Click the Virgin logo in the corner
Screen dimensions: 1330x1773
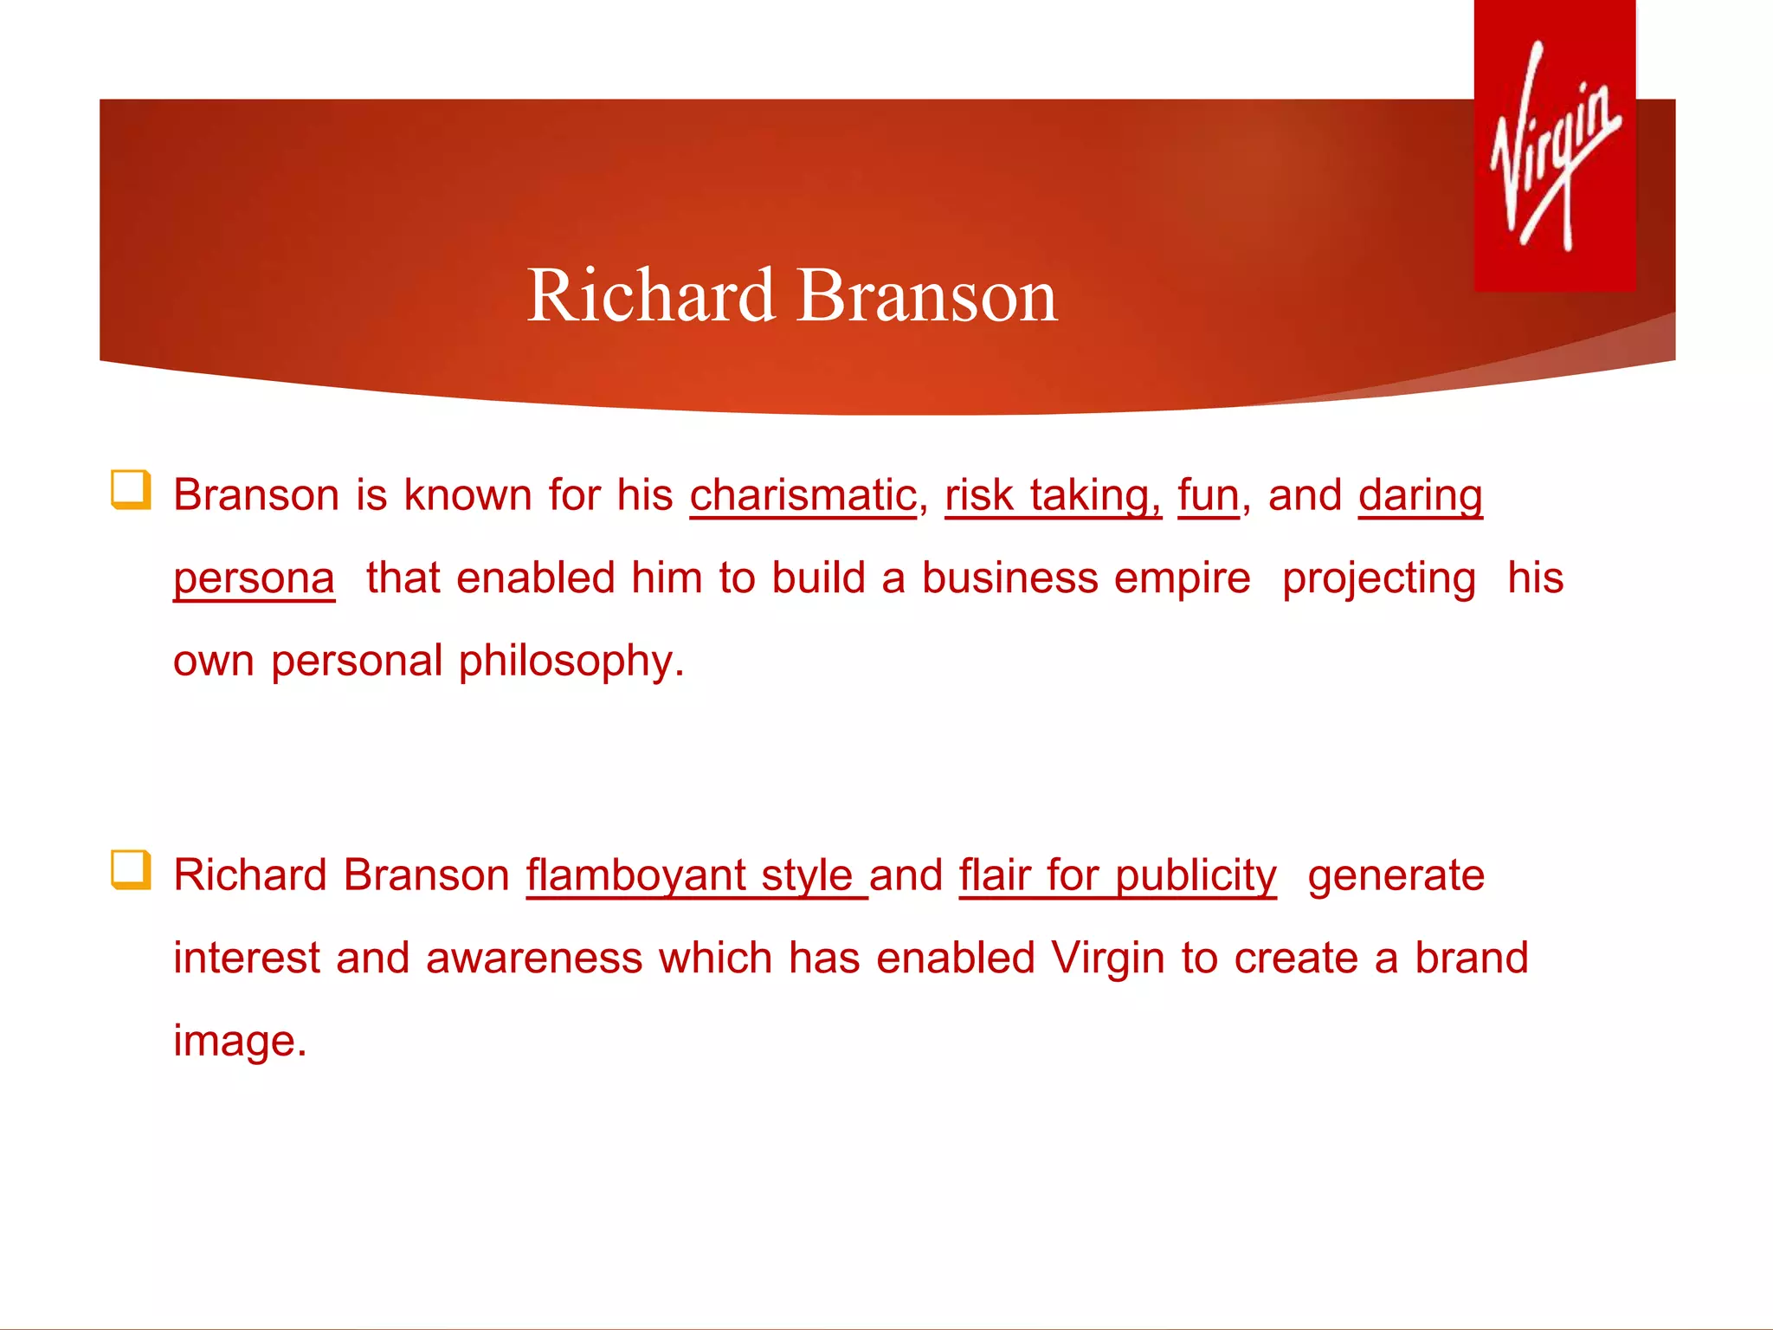click(x=1555, y=145)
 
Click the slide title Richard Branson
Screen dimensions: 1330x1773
click(x=791, y=295)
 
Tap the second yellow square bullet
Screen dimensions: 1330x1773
click(x=131, y=869)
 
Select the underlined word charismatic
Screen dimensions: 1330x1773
click(x=803, y=495)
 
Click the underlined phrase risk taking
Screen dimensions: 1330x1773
click(x=1052, y=495)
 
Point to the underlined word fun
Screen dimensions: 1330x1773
click(x=1209, y=495)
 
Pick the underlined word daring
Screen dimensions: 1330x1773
click(x=1420, y=495)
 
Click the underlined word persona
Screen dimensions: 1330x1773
click(x=254, y=578)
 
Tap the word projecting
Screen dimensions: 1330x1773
click(x=1378, y=578)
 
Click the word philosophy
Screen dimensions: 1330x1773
click(x=571, y=662)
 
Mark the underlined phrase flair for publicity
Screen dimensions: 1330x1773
click(x=1117, y=875)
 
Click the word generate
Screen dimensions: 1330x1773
click(x=1396, y=875)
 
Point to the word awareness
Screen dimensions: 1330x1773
click(x=534, y=959)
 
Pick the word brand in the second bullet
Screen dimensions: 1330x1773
click(x=1471, y=959)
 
